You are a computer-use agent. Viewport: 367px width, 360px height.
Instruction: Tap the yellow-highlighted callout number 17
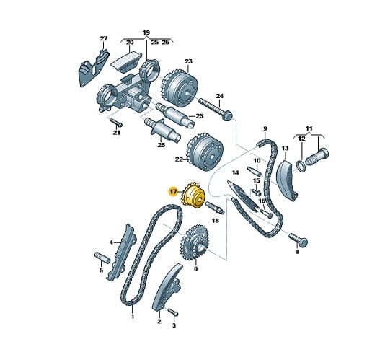click(174, 192)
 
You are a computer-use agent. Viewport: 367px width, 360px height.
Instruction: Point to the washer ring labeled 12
click(301, 166)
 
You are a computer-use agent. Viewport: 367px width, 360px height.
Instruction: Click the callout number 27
click(104, 38)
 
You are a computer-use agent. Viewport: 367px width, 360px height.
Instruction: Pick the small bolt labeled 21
click(116, 123)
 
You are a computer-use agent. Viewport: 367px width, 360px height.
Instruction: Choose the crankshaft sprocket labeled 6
click(194, 243)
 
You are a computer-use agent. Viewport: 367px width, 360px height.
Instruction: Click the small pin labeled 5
click(102, 258)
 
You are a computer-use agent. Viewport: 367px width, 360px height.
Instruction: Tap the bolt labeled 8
click(298, 239)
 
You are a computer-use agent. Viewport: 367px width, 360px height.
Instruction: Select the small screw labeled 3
click(172, 312)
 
